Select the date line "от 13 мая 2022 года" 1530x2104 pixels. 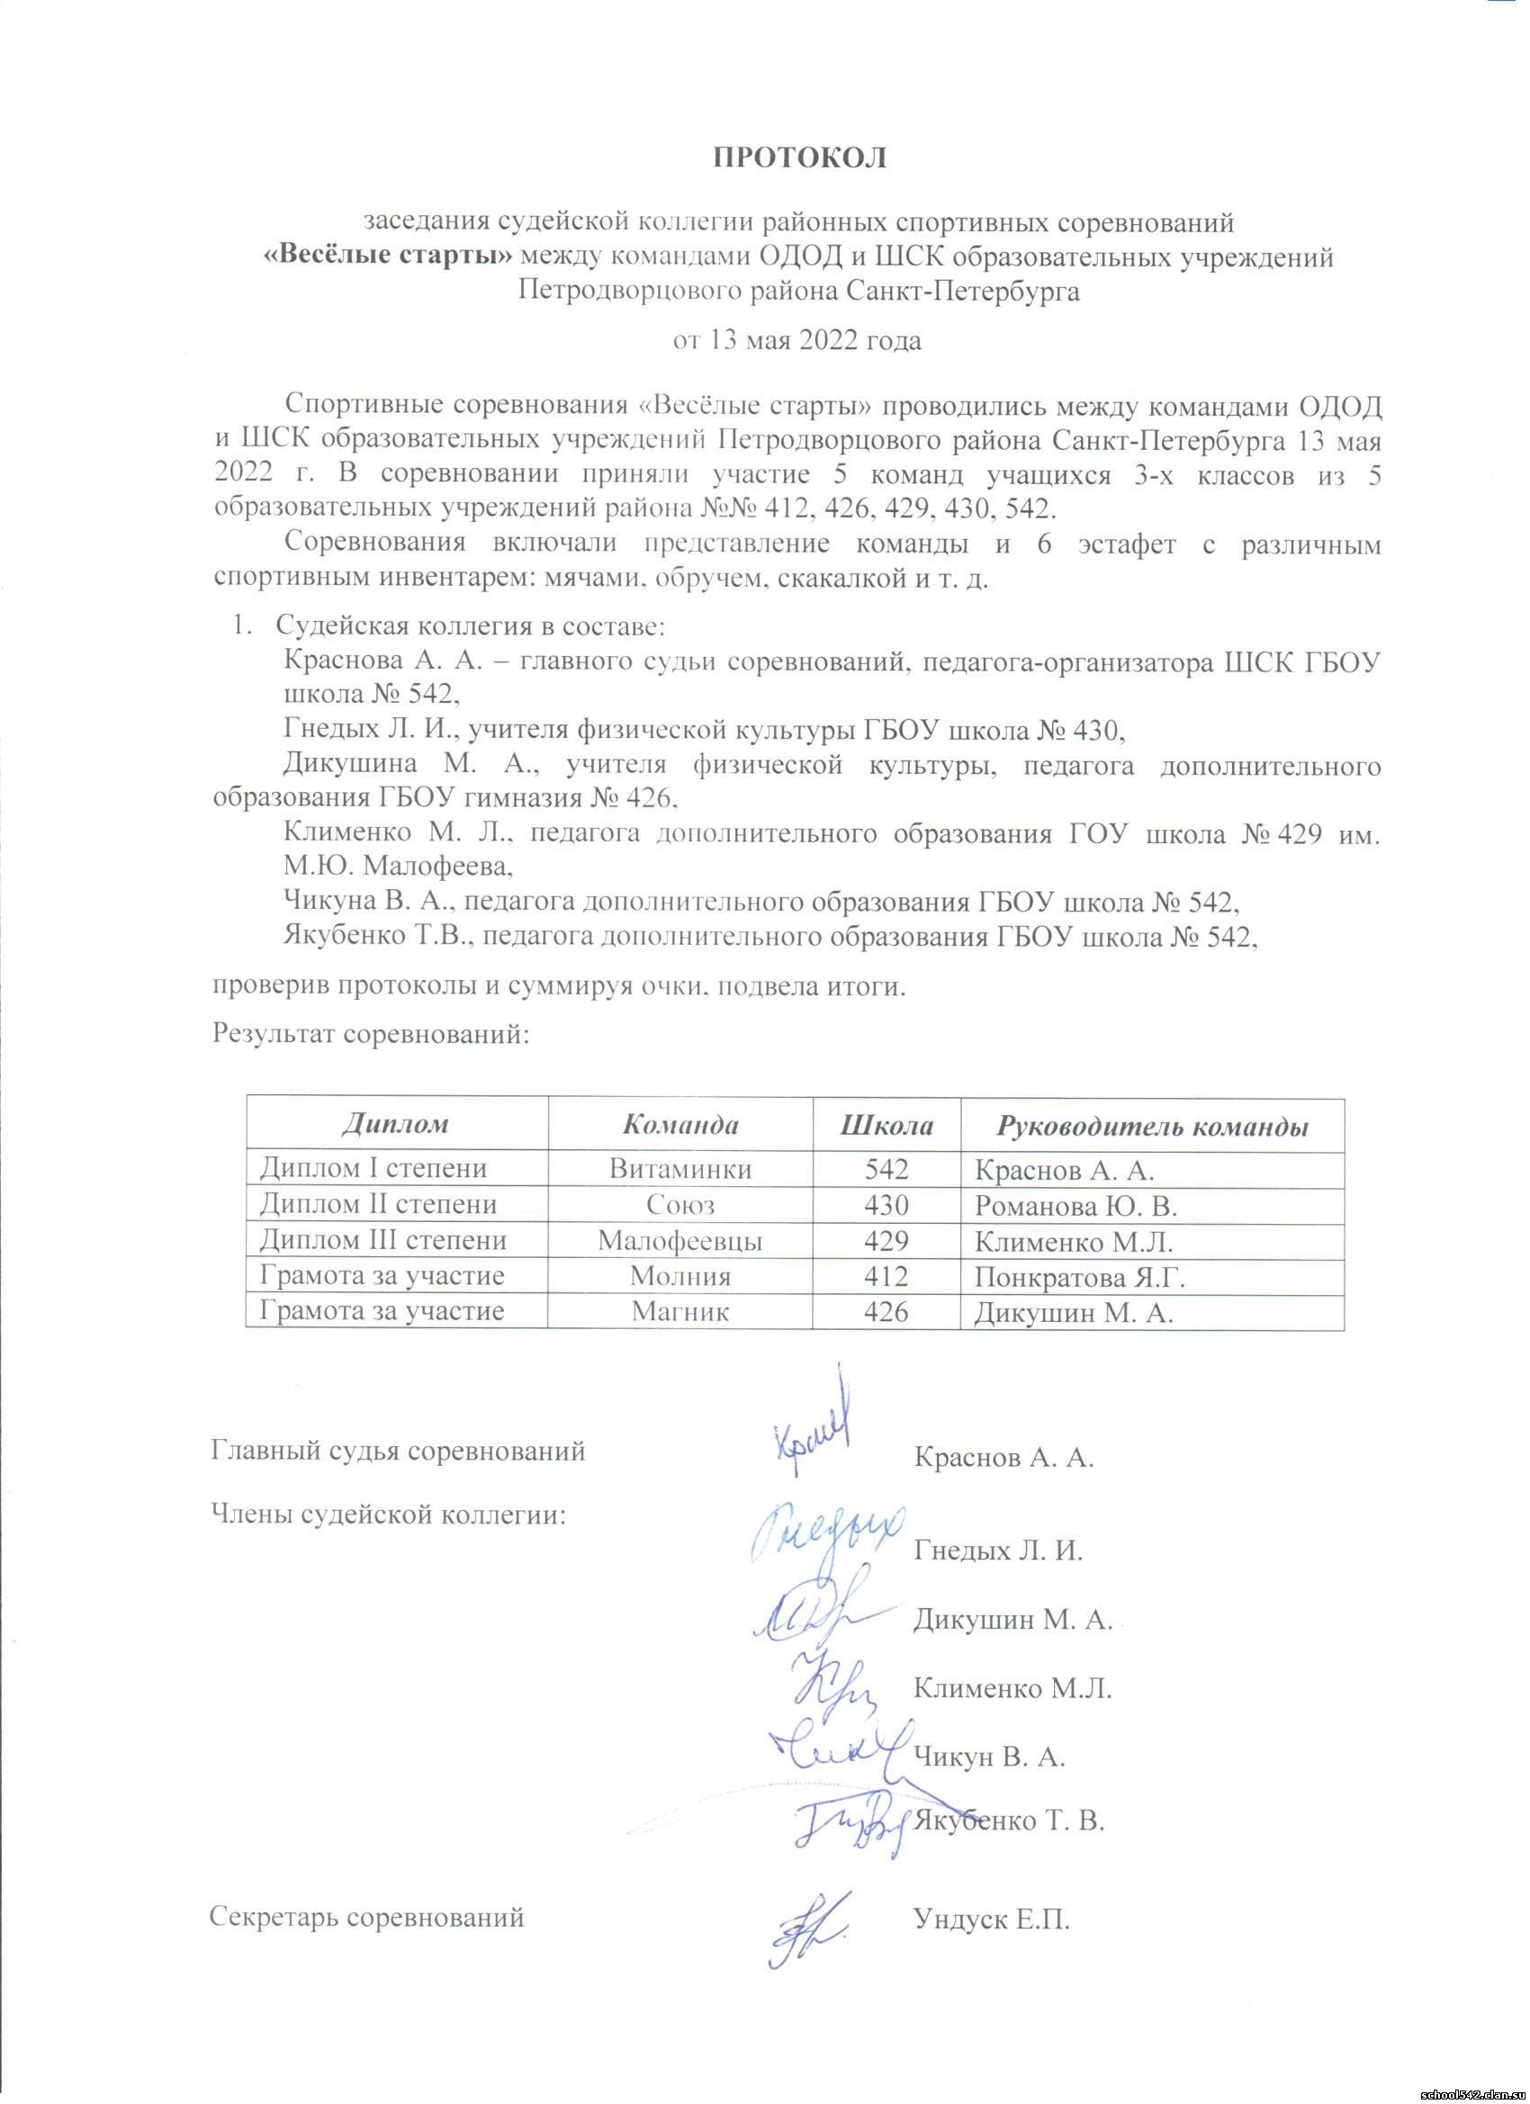pyautogui.click(x=797, y=340)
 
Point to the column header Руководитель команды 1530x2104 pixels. pyautogui.click(x=1152, y=1126)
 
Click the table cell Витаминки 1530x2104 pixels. pyautogui.click(x=679, y=1170)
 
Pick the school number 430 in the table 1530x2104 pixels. pyautogui.click(x=886, y=1205)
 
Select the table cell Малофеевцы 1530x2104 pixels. pyautogui.click(x=679, y=1241)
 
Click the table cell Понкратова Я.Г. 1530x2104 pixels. pyautogui.click(x=1081, y=1278)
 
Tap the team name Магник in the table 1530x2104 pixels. pyautogui.click(x=679, y=1312)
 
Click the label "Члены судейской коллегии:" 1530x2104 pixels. pyautogui.click(x=390, y=1515)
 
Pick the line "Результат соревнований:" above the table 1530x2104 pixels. pyautogui.click(x=371, y=1032)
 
